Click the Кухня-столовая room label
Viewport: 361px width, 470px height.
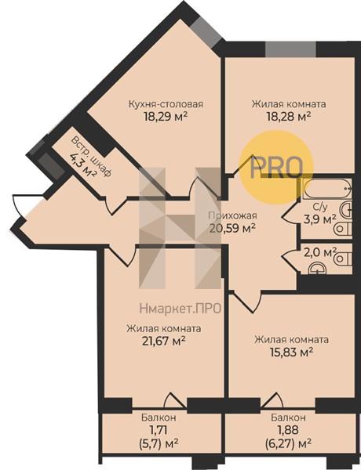pos(166,104)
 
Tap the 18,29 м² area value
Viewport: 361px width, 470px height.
pos(166,116)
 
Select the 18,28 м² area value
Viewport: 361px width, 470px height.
pos(289,116)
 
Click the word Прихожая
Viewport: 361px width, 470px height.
pos(232,216)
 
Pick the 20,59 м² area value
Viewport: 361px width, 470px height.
pos(232,228)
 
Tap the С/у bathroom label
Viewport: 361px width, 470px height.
pos(319,207)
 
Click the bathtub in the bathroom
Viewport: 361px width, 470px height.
pos(326,189)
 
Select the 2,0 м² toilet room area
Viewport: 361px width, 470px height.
pos(320,253)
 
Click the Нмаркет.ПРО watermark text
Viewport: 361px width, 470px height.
pos(180,308)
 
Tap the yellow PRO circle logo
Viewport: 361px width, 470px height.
pos(276,168)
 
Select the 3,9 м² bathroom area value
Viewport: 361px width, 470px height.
pos(319,219)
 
